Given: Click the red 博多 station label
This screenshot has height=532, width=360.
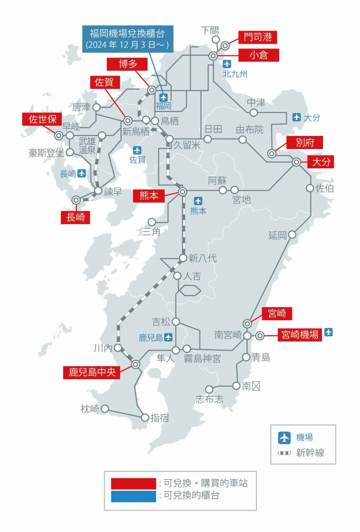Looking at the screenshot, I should point(127,64).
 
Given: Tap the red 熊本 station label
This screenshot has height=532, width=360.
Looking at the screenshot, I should point(149,196).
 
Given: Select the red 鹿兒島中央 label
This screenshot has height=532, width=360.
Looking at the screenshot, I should point(92,372).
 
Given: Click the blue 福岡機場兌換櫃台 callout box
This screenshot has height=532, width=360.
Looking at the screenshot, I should point(128,39).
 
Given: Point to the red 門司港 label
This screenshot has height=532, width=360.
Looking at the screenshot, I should point(258,37).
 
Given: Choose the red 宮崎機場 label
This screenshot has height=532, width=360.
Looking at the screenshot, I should point(299,335).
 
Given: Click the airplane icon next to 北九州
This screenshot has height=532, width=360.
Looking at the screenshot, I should point(227,64).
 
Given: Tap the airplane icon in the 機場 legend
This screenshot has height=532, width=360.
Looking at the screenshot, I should point(284,437).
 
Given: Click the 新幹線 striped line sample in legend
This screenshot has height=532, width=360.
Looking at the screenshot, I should point(284,453).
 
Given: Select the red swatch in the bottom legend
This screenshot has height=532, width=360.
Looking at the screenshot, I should point(133,483).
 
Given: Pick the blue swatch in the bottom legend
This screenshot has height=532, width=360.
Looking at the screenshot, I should point(133,496).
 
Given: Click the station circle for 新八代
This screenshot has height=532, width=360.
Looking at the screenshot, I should point(183,258).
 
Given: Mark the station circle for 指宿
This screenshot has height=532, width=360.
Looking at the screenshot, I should point(145,418).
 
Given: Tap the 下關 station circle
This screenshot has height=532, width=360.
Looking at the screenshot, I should point(216,39).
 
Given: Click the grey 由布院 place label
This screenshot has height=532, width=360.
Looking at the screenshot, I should point(250,129).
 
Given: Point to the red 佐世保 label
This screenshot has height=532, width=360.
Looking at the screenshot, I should point(42,119).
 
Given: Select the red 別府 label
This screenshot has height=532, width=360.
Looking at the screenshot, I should point(305,142).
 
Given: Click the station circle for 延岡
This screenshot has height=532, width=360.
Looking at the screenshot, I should point(292,235).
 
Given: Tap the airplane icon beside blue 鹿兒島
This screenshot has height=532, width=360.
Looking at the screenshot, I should point(168,337).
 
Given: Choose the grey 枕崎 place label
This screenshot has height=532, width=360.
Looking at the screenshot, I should point(90,409).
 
